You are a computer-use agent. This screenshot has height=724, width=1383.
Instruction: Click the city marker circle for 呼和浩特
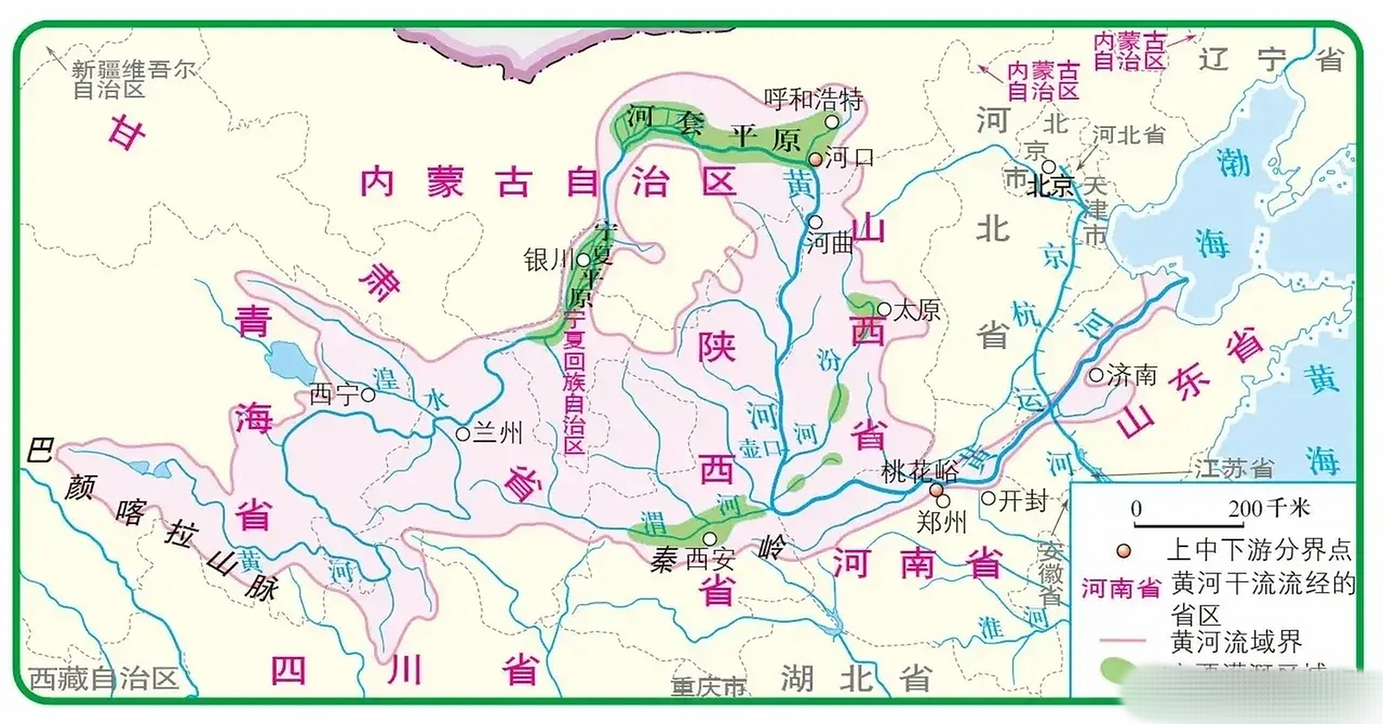pos(831,122)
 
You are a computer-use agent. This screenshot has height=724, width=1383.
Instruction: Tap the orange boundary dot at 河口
pos(815,160)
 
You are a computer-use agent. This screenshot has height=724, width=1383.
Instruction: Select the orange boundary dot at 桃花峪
pos(937,489)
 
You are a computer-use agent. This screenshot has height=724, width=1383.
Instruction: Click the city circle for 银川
pos(583,260)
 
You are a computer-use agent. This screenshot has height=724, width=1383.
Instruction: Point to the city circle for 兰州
pos(463,434)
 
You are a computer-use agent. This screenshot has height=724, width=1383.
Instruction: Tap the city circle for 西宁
pos(368,395)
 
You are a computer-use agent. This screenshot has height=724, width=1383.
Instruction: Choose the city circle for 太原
pos(885,309)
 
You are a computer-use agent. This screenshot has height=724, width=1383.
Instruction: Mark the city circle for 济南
pos(1096,374)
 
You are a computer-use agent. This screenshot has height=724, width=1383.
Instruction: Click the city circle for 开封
pos(988,498)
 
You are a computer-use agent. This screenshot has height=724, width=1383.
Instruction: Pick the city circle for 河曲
pos(815,222)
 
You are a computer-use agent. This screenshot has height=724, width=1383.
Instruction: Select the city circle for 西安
pos(709,538)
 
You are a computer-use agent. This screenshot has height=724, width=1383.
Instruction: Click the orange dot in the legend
pos(1124,551)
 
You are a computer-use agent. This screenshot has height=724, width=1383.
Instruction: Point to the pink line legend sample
pos(1122,641)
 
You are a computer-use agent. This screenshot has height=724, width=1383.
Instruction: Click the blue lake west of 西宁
pos(291,362)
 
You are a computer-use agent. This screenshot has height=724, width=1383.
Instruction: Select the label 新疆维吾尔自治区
pos(133,79)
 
